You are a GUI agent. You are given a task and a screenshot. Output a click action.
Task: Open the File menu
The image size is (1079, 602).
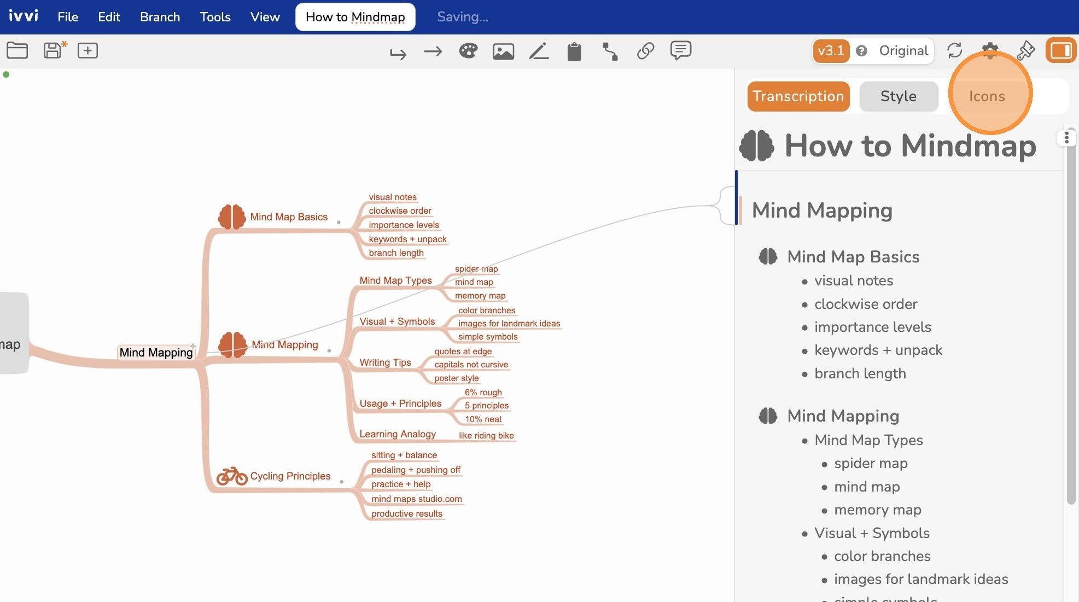(68, 17)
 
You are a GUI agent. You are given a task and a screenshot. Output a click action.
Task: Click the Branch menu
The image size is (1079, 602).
(160, 17)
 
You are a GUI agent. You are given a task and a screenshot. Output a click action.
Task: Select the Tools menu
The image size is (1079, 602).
(215, 17)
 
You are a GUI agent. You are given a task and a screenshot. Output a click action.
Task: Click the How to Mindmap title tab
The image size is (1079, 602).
(355, 17)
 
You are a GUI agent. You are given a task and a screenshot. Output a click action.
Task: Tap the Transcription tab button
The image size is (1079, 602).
(798, 96)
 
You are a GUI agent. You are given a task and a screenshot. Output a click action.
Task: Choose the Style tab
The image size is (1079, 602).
(899, 96)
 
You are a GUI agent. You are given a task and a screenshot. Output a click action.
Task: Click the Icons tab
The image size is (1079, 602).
(987, 96)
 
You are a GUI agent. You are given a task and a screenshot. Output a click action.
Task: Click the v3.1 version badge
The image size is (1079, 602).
(831, 51)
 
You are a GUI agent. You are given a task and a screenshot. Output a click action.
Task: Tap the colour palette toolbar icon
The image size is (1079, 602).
(468, 51)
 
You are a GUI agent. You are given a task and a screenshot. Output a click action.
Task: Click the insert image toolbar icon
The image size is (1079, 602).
(503, 51)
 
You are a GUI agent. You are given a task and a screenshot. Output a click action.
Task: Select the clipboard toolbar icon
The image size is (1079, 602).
(574, 51)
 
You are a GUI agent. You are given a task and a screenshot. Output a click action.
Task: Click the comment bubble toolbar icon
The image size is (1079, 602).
(681, 50)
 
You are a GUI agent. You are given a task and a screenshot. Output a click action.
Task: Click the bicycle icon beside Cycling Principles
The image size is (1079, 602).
(232, 476)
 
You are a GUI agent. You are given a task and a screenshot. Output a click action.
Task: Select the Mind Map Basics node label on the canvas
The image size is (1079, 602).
(289, 217)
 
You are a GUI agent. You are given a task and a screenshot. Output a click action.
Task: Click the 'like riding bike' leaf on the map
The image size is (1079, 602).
(486, 435)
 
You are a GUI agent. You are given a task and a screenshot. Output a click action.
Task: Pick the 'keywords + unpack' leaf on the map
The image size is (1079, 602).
(407, 239)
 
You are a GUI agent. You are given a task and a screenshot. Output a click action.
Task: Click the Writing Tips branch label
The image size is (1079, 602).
(385, 363)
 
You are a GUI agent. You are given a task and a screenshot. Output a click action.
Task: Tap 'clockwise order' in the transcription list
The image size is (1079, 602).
(866, 304)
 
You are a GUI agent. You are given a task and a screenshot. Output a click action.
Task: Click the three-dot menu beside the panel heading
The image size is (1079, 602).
(1066, 138)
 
